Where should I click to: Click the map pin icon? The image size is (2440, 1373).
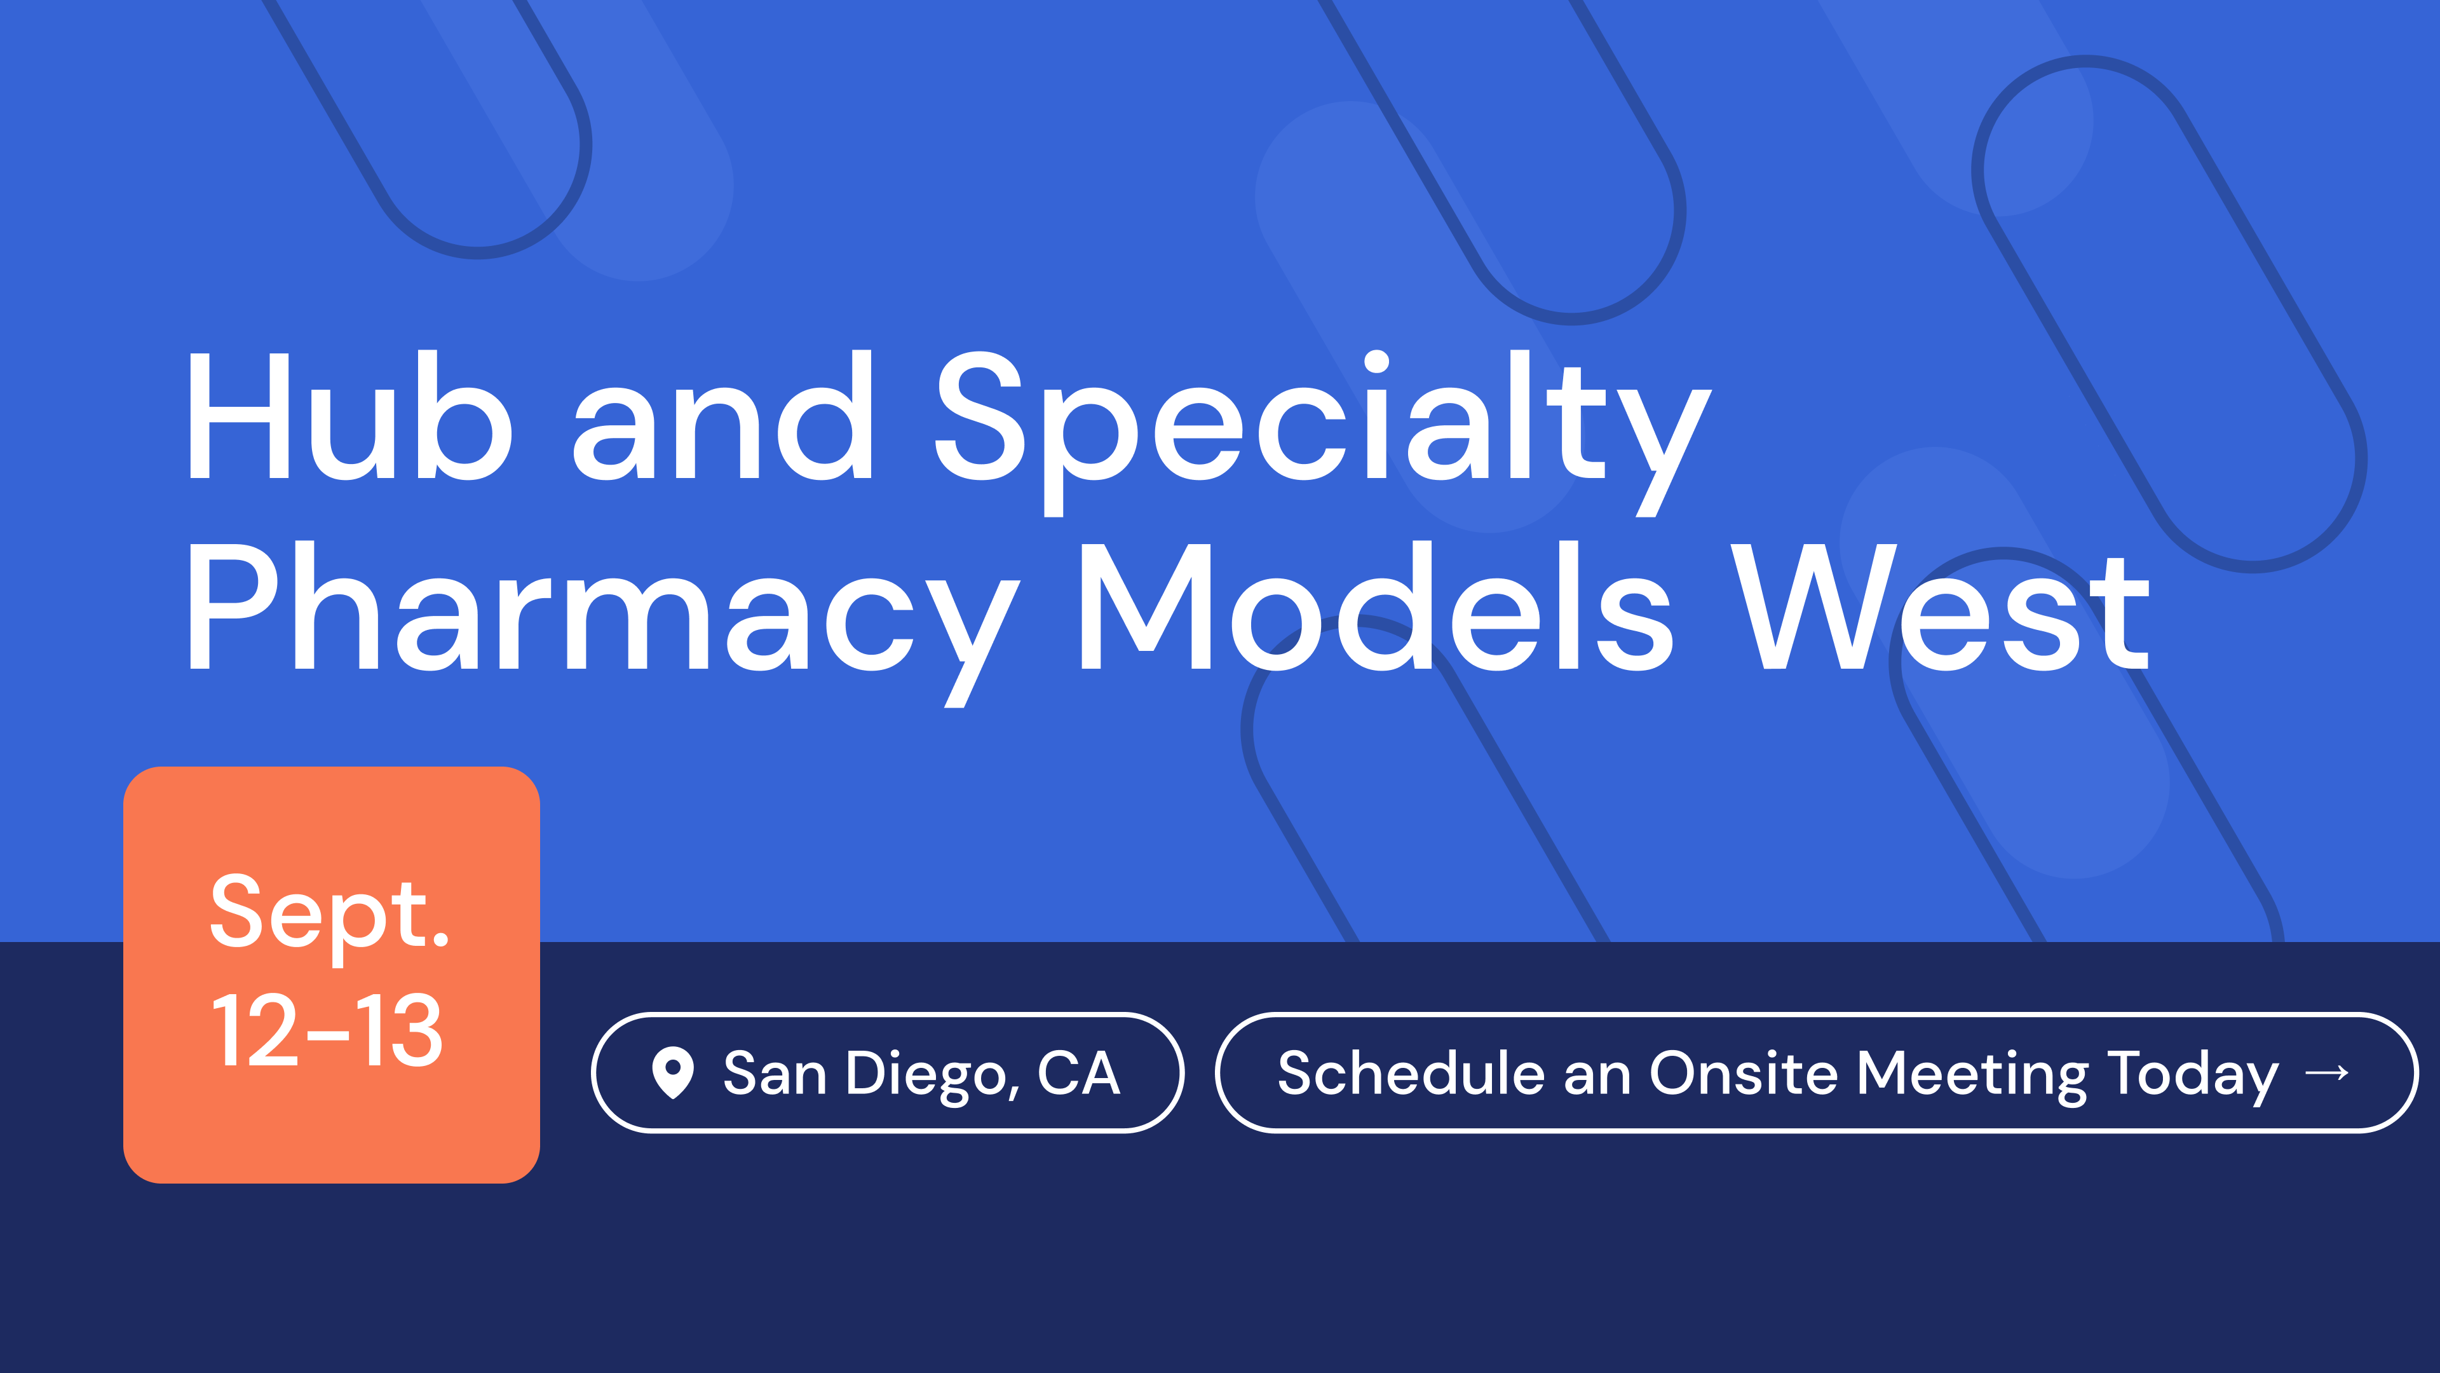672,1072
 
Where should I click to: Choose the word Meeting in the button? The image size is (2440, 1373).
1972,1076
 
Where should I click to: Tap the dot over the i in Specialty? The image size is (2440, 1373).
1376,362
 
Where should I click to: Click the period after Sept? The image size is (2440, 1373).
440,941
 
